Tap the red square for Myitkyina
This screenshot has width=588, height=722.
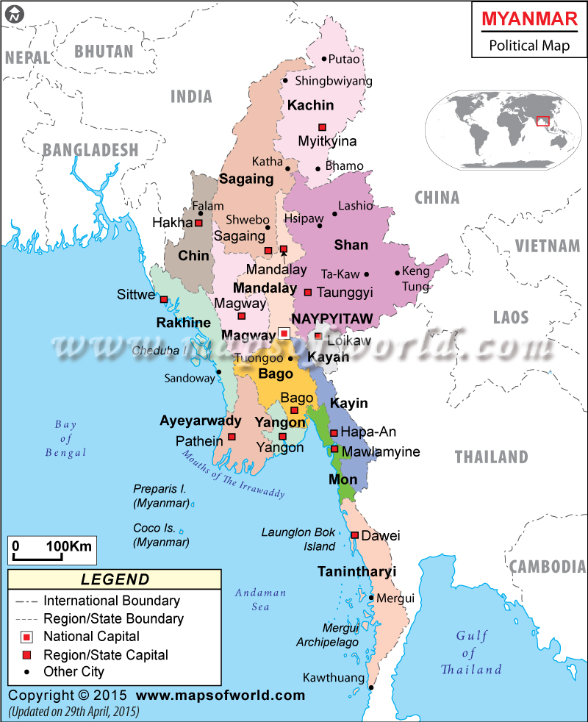coord(321,126)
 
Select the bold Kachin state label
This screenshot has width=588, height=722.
coord(310,105)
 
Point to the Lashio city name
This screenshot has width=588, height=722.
coord(356,206)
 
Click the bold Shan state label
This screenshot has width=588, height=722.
coord(351,244)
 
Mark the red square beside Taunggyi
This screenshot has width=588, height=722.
coord(308,292)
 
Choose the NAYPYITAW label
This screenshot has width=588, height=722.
coord(333,318)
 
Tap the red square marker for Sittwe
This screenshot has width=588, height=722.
coord(164,299)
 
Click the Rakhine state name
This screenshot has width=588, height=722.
coord(183,322)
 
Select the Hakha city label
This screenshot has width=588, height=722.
coord(172,222)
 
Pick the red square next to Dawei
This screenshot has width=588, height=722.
coord(355,535)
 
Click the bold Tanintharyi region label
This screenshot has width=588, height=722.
coord(356,571)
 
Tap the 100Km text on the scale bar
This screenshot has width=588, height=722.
coord(68,546)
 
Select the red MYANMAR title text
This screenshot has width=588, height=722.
coord(529,20)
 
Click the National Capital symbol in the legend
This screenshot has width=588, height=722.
coord(27,636)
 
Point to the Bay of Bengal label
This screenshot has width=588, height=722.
coord(65,438)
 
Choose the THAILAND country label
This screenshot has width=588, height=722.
coord(491,457)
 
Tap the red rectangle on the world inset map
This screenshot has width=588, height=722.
coord(543,121)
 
